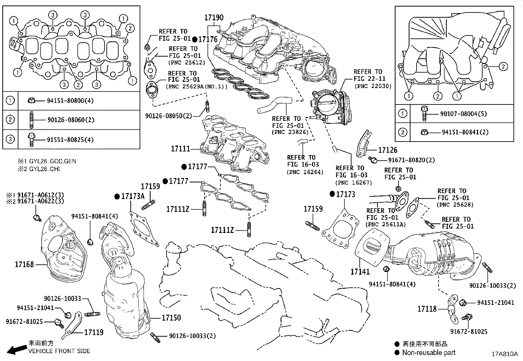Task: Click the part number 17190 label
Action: click(x=214, y=17)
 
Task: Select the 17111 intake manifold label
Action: click(x=180, y=149)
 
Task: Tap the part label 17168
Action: click(x=24, y=264)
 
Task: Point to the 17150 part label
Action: click(x=171, y=318)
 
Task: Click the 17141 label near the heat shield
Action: click(x=360, y=272)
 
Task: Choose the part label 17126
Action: click(x=388, y=150)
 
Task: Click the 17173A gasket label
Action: click(x=133, y=196)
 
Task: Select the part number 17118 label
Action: click(x=427, y=309)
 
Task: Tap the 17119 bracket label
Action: click(x=94, y=332)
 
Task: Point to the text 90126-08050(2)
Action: click(x=169, y=116)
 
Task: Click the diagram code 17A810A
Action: click(x=504, y=354)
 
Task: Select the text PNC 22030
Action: click(x=373, y=86)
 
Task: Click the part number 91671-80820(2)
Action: click(x=411, y=160)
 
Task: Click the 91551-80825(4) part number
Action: click(x=70, y=140)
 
